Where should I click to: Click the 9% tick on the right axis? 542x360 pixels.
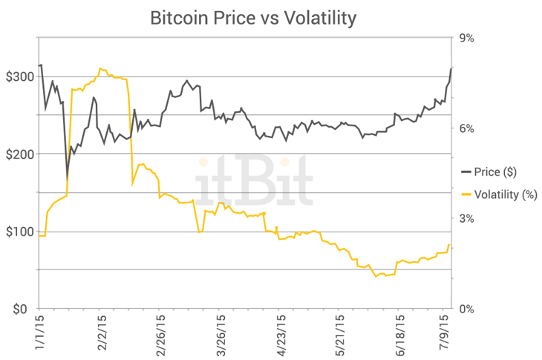coord(474,39)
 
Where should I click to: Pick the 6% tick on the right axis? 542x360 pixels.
coord(474,128)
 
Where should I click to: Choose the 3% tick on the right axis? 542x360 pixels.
coord(474,219)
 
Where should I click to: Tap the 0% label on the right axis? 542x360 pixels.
coord(474,309)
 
